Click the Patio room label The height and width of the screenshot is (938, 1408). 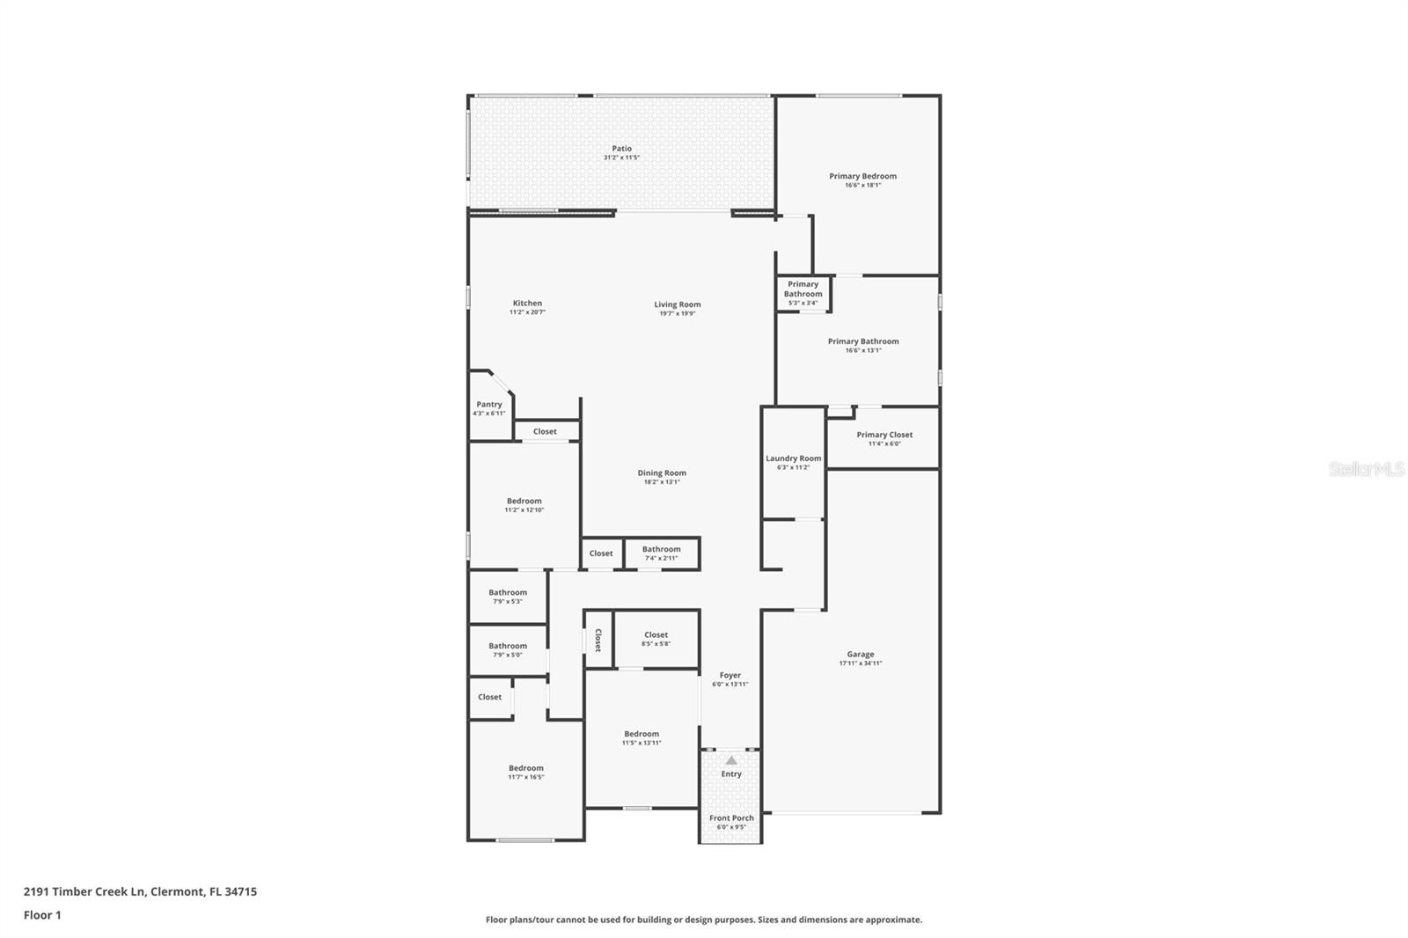[621, 149]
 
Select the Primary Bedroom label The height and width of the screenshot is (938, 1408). [862, 176]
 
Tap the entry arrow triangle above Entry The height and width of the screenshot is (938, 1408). [731, 760]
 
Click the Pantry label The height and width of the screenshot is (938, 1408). [489, 405]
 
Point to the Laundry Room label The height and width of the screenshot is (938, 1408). [793, 458]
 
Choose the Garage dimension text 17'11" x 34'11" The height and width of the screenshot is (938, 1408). [860, 663]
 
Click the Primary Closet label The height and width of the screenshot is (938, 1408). [884, 435]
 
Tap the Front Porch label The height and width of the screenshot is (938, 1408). [731, 818]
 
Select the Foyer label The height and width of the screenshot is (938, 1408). [730, 676]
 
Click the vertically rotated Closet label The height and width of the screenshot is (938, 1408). [598, 639]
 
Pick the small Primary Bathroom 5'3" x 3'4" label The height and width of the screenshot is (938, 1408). [803, 293]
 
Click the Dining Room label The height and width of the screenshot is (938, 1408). [662, 473]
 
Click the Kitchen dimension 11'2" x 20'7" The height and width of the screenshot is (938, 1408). [527, 312]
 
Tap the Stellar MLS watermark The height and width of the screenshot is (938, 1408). [1366, 469]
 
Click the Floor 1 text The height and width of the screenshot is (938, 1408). [42, 915]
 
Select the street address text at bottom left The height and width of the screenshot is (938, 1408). [140, 891]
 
